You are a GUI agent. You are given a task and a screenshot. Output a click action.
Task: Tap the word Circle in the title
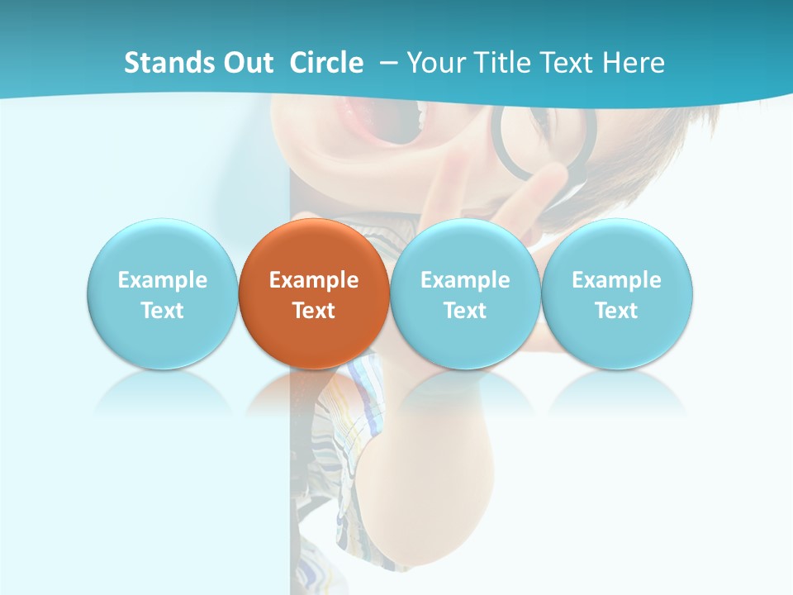click(326, 63)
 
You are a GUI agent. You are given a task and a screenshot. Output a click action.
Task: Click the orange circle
click(314, 248)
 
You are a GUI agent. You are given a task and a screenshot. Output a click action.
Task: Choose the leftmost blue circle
click(162, 248)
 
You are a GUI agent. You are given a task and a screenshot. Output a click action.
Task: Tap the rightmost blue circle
click(617, 248)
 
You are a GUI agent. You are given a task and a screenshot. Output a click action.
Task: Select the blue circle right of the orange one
click(465, 248)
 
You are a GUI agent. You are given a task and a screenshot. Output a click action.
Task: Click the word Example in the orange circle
click(314, 280)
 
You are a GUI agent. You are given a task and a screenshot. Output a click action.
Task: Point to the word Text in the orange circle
click(314, 311)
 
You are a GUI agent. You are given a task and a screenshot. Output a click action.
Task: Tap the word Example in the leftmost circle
click(162, 280)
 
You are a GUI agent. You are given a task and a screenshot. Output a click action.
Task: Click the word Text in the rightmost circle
click(617, 311)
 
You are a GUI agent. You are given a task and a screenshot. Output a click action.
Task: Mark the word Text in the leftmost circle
click(162, 311)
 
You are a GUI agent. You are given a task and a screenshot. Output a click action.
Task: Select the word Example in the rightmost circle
click(617, 280)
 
